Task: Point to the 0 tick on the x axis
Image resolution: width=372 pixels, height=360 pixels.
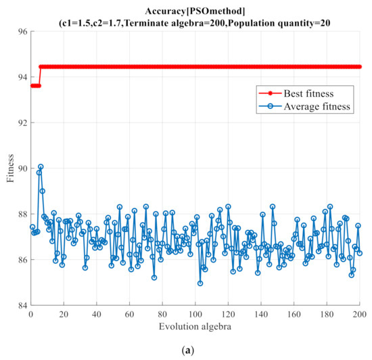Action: point(30,315)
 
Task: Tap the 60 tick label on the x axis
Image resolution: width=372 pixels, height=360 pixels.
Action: point(129,315)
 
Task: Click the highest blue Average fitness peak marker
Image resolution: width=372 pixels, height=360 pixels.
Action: point(41,166)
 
